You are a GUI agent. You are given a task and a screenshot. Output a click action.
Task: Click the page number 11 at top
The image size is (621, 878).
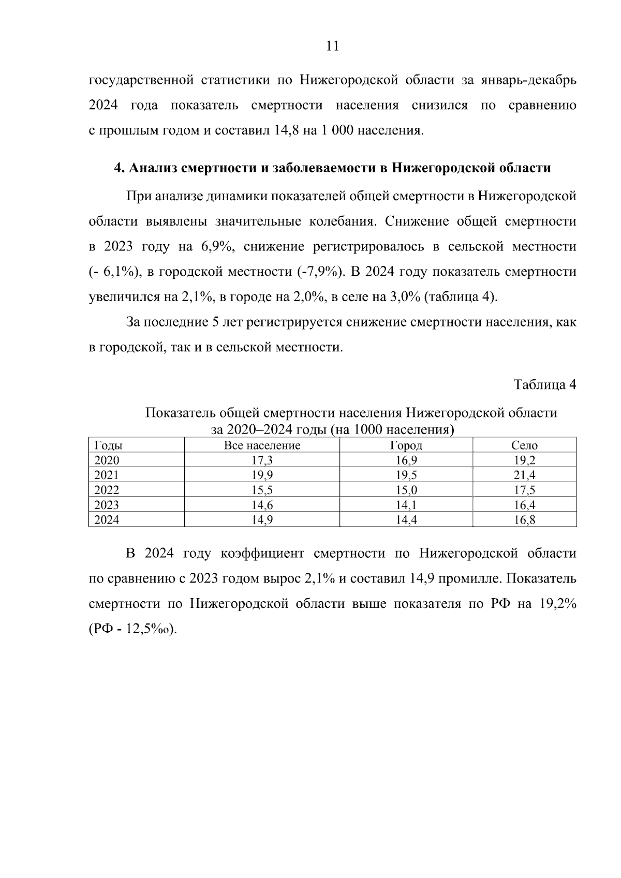(333, 46)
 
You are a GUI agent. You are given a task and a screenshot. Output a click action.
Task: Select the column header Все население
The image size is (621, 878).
(262, 445)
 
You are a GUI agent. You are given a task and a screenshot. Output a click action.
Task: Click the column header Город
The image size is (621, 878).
(406, 445)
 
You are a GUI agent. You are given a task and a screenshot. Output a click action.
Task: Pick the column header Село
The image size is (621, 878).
(524, 445)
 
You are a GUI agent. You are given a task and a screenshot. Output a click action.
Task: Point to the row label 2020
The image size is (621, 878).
(107, 460)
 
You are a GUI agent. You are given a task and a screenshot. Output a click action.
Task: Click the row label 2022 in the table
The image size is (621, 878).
(107, 490)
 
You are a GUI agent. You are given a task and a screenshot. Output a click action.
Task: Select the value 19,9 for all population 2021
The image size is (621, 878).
(262, 475)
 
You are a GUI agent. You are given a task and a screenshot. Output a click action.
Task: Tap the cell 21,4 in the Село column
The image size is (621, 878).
(524, 475)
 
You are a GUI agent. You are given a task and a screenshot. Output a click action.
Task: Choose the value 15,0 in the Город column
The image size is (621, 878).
(406, 490)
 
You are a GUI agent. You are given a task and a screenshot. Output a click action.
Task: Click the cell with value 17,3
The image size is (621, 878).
(262, 460)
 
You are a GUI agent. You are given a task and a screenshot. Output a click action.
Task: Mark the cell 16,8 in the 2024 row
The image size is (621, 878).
(524, 520)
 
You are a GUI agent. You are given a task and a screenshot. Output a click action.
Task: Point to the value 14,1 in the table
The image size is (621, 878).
(406, 505)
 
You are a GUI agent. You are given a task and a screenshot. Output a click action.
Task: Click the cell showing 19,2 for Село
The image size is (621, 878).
(524, 460)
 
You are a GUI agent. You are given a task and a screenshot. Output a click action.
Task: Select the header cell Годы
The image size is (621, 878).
(108, 445)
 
